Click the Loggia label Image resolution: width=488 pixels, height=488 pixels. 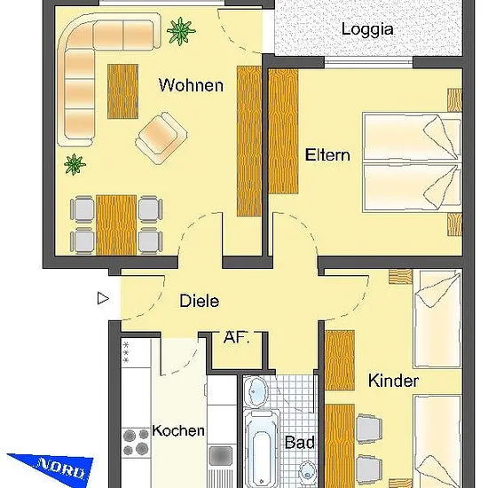[x=367, y=30]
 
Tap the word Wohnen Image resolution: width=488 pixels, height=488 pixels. [x=191, y=85]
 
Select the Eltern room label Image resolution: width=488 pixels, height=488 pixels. [x=327, y=154]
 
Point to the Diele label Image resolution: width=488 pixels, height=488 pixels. [x=199, y=301]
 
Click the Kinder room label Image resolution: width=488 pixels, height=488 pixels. [x=393, y=381]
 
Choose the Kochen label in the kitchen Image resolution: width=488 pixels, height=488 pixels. [x=178, y=430]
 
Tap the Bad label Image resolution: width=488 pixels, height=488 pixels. [x=299, y=442]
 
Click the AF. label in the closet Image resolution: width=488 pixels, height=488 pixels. [x=237, y=337]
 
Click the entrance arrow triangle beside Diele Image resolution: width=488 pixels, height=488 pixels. [x=103, y=298]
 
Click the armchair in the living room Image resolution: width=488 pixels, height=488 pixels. [x=161, y=138]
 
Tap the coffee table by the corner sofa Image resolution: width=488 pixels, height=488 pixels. [x=123, y=91]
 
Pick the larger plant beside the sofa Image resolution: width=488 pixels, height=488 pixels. [x=181, y=31]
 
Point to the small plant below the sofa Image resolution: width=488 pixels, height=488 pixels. [x=75, y=164]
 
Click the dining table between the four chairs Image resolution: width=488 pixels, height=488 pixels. [x=116, y=225]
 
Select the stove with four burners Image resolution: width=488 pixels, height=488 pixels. [x=136, y=442]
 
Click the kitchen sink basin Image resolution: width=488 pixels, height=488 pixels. [x=221, y=456]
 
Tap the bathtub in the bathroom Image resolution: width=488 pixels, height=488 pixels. [x=262, y=450]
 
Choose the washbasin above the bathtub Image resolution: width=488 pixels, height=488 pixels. [x=256, y=391]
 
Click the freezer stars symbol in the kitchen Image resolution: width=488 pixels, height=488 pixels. [x=126, y=352]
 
